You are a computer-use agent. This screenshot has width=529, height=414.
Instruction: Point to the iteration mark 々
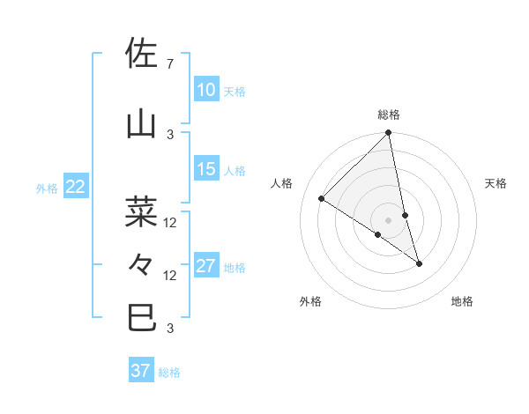point(143,263)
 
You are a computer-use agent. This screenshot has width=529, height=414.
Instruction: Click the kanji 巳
point(143,316)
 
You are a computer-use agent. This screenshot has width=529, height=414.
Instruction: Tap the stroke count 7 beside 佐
point(170,63)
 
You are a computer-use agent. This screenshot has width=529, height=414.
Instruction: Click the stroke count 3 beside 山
point(170,134)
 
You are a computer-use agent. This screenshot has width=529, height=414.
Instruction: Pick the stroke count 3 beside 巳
point(170,329)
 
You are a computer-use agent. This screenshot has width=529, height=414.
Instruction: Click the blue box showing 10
point(205,89)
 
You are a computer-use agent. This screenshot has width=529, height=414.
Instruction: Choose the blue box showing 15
point(205,169)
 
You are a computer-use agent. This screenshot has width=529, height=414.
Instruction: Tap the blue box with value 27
point(205,266)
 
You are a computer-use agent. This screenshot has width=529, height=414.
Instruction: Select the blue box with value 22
point(75,186)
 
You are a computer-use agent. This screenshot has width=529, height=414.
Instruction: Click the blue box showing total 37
point(140,371)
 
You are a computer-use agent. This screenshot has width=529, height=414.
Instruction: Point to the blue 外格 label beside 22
point(47,188)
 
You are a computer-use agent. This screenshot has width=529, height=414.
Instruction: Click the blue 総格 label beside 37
point(169,373)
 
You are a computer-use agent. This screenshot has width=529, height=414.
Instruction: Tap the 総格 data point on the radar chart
point(388,133)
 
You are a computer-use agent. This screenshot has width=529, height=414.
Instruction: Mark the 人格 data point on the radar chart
point(322,199)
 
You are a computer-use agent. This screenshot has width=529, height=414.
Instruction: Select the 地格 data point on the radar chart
point(419,263)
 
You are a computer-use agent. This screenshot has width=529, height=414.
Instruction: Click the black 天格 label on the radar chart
point(496,183)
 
